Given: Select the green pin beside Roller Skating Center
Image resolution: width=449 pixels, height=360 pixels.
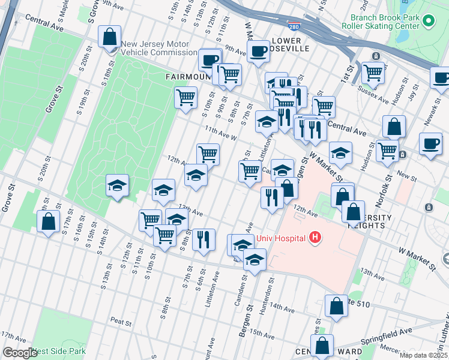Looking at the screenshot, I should [x=428, y=22].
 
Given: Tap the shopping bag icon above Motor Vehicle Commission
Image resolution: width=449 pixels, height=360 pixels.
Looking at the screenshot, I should [x=109, y=37].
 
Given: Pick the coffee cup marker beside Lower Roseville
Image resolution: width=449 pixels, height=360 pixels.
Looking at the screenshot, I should [x=258, y=52].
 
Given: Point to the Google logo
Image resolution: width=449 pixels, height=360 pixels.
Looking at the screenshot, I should [x=20, y=353].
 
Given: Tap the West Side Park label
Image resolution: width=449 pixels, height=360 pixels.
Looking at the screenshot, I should [x=59, y=352].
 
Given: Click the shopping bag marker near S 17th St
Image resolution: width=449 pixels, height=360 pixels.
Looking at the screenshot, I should [x=47, y=222].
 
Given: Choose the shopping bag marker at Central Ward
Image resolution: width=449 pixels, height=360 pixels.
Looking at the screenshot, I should [x=322, y=346].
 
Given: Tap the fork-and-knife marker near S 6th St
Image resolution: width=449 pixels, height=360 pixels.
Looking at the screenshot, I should [x=203, y=240].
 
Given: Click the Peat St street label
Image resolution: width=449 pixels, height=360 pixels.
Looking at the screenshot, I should [x=121, y=322].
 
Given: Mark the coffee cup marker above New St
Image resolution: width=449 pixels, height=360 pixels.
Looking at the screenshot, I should [x=430, y=144].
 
